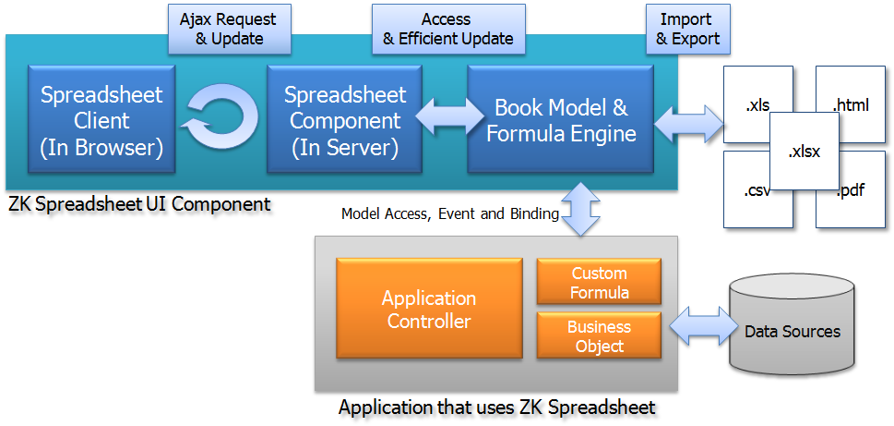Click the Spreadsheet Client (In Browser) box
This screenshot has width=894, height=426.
point(101,119)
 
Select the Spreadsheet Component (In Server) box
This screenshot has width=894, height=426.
point(344,119)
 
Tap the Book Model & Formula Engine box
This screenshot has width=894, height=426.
point(560,119)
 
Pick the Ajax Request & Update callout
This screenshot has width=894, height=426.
point(229,30)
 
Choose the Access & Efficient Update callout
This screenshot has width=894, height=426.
point(448,30)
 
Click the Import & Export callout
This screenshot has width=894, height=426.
point(687,30)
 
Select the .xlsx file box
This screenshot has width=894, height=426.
point(804,152)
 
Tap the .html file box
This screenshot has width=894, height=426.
point(851,105)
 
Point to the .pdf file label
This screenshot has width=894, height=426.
point(852,190)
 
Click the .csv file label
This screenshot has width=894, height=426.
point(757,191)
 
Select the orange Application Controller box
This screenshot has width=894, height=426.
point(429,309)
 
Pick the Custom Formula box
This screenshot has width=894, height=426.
point(600,282)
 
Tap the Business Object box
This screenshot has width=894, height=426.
point(600,335)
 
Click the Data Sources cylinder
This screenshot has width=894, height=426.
point(793,325)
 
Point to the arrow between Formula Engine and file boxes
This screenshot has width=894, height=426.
point(689,123)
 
